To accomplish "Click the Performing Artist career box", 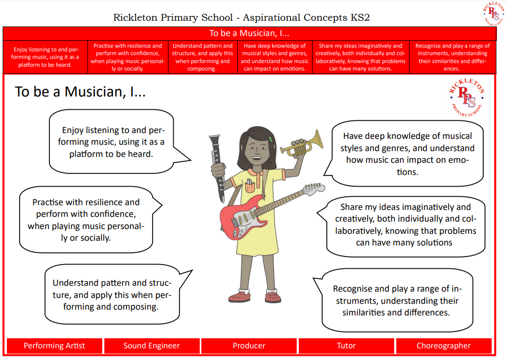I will click(x=55, y=346).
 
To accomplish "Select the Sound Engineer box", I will click(x=152, y=346).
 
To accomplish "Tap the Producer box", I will click(x=249, y=346).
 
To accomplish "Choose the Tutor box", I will click(x=346, y=346).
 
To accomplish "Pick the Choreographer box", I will click(x=443, y=346).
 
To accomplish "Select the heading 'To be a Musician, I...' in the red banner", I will click(x=249, y=33).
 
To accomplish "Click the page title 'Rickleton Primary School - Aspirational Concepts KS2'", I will click(x=242, y=17).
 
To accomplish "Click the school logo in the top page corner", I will click(x=494, y=14).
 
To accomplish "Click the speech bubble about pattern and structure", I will click(x=112, y=295).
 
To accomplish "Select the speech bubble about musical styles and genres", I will click(x=407, y=154).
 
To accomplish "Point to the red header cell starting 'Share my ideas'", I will click(x=361, y=57).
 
